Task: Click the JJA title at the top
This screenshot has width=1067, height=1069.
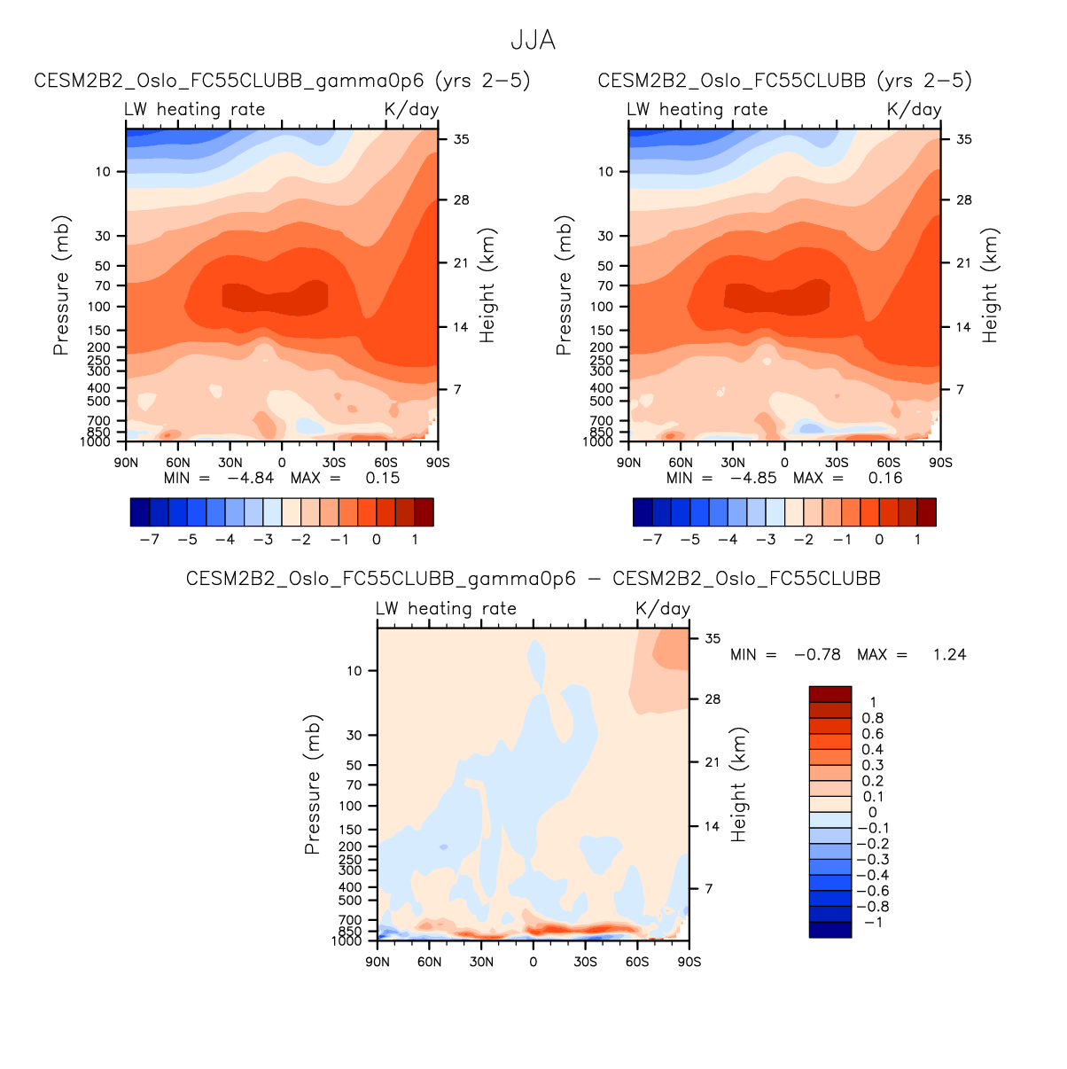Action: (533, 41)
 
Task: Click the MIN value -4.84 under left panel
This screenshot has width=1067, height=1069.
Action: (251, 478)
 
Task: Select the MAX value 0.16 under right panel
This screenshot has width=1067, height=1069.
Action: (885, 478)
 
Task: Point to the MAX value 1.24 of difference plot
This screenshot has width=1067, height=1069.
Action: (949, 654)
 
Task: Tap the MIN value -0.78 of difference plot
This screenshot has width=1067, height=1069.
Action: (817, 654)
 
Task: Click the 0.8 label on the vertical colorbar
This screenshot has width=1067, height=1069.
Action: (873, 718)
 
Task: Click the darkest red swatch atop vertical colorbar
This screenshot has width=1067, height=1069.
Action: (829, 694)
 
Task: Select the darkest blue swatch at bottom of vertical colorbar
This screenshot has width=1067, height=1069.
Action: (829, 929)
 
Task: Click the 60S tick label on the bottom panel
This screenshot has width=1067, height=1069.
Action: (637, 962)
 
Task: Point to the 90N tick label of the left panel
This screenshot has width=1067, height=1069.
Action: (127, 463)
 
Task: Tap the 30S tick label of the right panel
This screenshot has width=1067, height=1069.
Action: (837, 463)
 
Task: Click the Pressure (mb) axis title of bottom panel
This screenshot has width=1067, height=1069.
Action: (312, 784)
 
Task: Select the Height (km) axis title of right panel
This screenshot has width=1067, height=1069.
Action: (990, 285)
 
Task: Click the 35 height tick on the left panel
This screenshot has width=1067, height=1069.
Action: (462, 139)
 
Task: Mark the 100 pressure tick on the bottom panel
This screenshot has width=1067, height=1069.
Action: (351, 806)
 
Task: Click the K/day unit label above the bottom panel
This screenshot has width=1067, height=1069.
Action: (663, 609)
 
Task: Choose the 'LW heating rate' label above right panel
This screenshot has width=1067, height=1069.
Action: (697, 109)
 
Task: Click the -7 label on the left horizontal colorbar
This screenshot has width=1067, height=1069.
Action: (149, 539)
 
